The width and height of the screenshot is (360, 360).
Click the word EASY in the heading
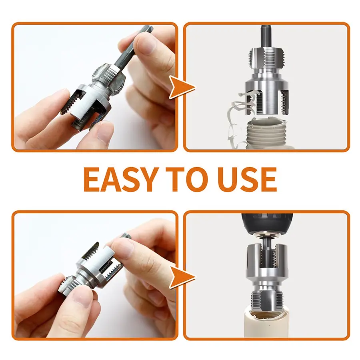[x=121, y=179]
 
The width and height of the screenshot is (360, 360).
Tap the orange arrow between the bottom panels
[x=181, y=277]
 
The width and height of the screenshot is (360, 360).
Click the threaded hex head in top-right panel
[x=266, y=58]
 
